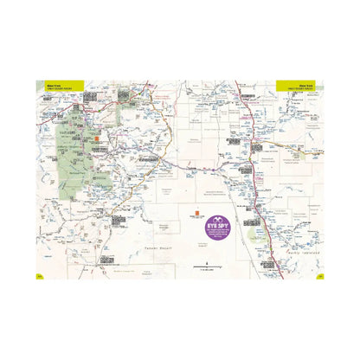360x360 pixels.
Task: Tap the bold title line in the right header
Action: pos(304,84)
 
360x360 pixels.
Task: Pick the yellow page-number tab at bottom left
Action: pos(39,276)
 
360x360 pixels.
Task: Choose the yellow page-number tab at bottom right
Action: pos(320,276)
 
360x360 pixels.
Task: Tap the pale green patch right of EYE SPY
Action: pos(253,233)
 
